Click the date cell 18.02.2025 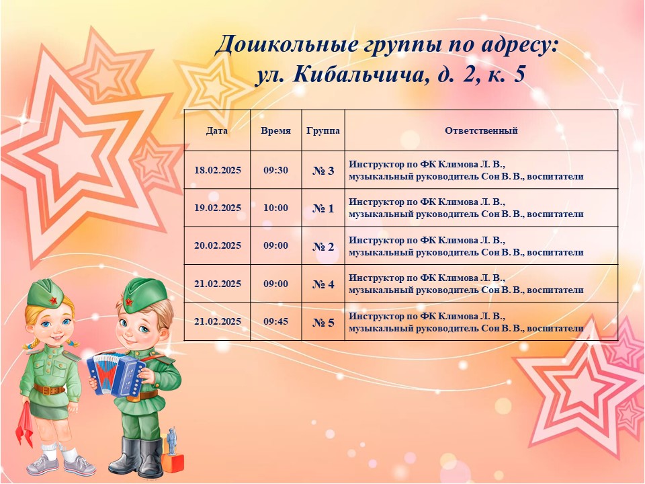[218, 170]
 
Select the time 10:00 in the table [275, 208]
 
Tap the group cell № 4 [323, 284]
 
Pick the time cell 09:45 [275, 321]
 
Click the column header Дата [217, 131]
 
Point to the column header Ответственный [481, 131]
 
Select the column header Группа [323, 131]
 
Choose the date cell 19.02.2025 [218, 208]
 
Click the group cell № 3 [323, 171]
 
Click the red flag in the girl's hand [25, 424]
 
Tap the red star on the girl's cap [54, 300]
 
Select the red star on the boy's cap [129, 302]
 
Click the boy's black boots [138, 457]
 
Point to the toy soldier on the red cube [171, 440]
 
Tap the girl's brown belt [49, 389]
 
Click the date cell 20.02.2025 [218, 246]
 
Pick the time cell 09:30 [275, 170]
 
